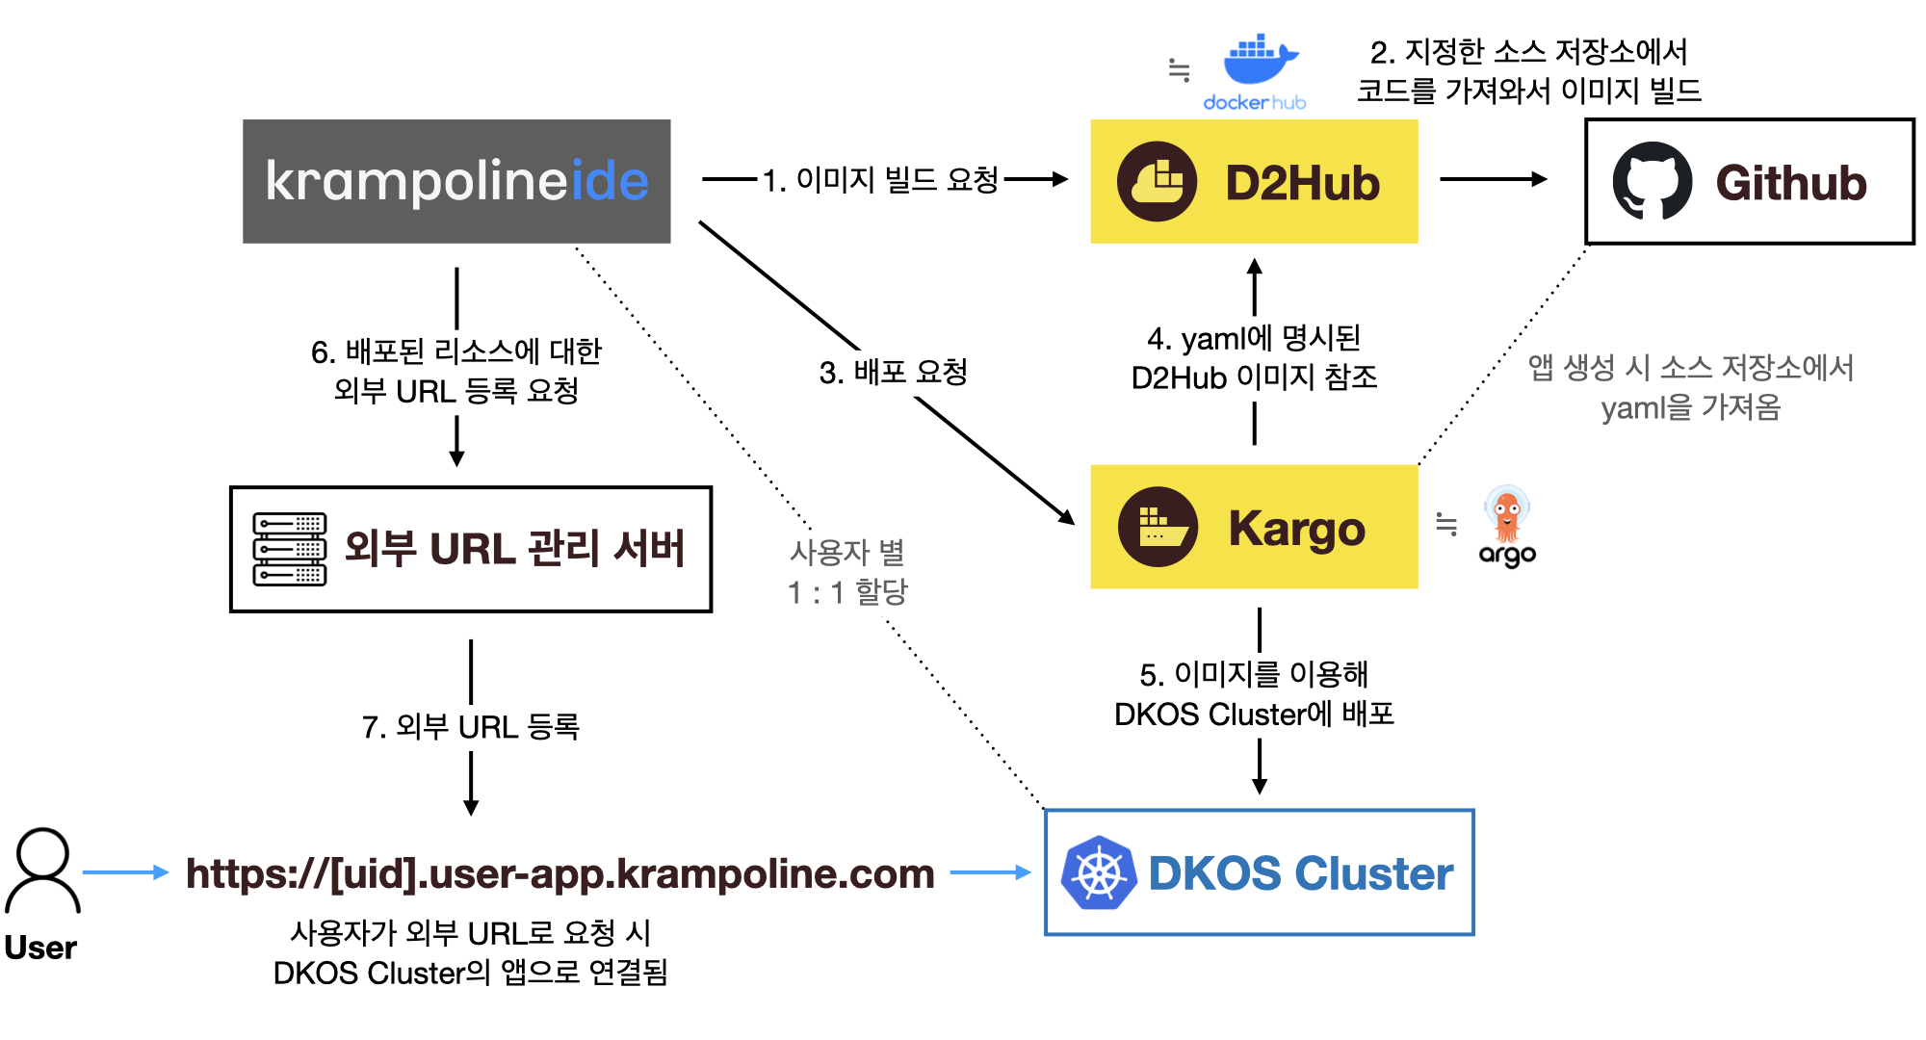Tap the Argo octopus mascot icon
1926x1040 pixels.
1507,514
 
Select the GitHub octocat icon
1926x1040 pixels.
1653,181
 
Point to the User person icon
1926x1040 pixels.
42,871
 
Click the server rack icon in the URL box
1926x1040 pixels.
290,549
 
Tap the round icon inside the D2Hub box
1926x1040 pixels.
1157,181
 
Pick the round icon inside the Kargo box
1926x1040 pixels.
1158,527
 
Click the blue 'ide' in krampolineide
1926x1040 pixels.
611,180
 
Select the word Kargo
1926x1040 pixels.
1297,529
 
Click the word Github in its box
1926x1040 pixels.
1791,182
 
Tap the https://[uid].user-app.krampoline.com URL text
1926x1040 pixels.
560,873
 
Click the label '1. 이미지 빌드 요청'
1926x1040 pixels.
881,179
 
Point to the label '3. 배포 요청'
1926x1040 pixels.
894,372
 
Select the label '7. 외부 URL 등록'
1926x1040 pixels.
471,726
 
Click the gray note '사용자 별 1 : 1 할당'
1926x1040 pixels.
848,572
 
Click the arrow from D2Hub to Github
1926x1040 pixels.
1494,179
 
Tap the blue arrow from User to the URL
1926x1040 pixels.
126,872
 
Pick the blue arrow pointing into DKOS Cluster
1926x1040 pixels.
991,872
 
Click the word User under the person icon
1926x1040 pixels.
40,948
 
